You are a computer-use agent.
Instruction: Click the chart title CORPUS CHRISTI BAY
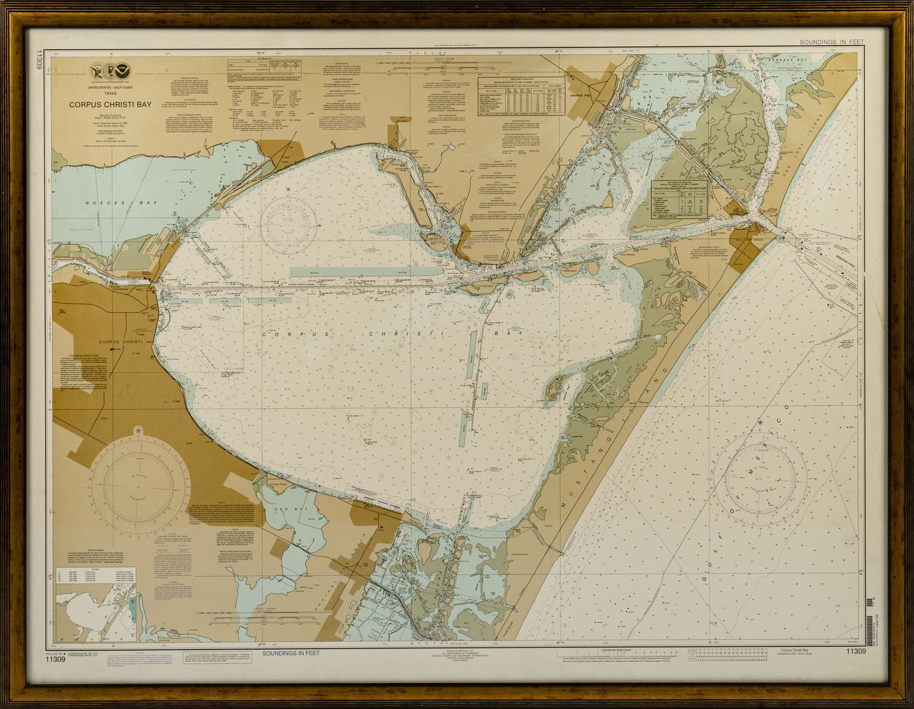pyautogui.click(x=111, y=104)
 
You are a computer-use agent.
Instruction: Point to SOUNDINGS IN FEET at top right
pyautogui.click(x=831, y=42)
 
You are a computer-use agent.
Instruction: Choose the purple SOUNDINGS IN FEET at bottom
pyautogui.click(x=291, y=652)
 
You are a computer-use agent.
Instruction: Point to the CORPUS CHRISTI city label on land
pyautogui.click(x=120, y=342)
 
